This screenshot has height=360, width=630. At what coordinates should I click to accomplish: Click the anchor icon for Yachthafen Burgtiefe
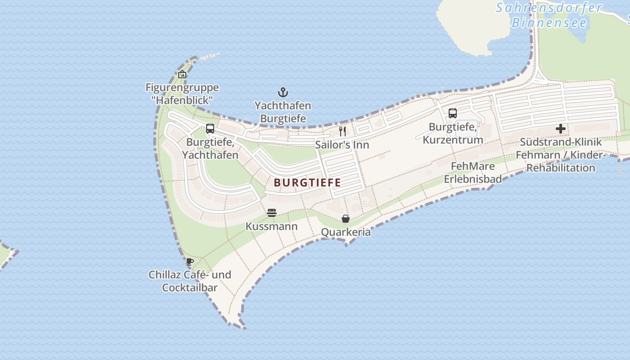(283, 93)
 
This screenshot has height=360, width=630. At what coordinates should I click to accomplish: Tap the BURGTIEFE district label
(307, 183)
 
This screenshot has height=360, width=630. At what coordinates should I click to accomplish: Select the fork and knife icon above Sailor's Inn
(343, 131)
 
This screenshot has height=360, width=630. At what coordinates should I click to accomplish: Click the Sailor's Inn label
(342, 145)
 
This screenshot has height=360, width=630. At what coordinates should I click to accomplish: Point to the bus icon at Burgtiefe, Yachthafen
(210, 129)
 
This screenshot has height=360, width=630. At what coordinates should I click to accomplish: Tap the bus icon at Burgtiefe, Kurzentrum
(453, 113)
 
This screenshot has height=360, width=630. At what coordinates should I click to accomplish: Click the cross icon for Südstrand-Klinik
(560, 129)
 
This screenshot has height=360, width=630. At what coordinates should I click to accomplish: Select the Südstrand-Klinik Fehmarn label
(561, 155)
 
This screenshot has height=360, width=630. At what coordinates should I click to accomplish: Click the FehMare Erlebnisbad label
(472, 173)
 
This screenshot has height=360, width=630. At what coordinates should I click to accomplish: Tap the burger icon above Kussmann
(271, 212)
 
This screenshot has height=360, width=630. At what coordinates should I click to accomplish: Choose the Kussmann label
(271, 226)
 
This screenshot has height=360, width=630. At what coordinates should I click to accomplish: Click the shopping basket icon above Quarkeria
(346, 219)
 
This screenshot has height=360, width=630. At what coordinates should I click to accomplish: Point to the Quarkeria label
(346, 232)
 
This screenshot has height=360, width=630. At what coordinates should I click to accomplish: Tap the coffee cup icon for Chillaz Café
(190, 261)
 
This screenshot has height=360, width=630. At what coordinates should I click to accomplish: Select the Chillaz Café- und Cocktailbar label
(190, 281)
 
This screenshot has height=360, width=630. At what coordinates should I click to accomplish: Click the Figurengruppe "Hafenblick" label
(182, 94)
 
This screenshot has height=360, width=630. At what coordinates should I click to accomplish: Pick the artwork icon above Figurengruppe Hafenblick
(182, 74)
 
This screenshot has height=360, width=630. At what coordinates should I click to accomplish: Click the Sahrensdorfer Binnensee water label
(549, 15)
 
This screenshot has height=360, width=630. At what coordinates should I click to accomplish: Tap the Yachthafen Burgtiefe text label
(283, 112)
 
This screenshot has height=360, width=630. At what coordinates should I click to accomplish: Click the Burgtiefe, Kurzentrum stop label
(453, 133)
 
